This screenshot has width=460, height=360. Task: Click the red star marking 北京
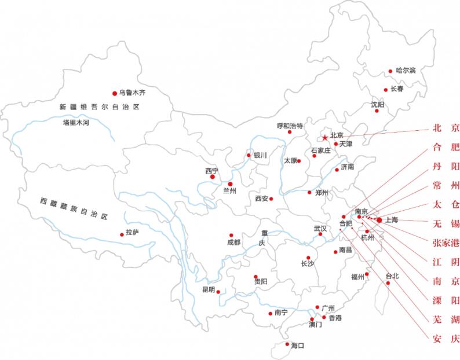point(325,138)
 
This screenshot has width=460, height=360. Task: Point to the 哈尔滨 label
point(406,71)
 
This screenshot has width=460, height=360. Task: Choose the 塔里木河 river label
point(77,123)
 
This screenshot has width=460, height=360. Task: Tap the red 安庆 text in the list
point(446,338)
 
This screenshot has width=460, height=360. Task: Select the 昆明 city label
point(208,289)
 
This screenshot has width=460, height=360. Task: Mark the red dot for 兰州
point(230,183)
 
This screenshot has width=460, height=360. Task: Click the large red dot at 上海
point(379,220)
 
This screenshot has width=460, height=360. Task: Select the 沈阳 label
point(377,105)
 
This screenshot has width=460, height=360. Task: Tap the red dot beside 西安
point(271,199)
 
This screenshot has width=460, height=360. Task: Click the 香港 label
point(335,318)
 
